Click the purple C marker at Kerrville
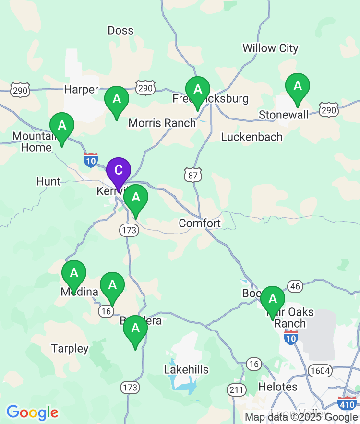point(118,170)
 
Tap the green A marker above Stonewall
point(297,86)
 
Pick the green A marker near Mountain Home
point(62,126)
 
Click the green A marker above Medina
point(74,273)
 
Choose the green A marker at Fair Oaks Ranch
point(273,299)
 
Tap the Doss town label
point(120,31)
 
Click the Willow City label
point(270,48)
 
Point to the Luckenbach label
point(252,137)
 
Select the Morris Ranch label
point(162,123)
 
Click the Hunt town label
point(48,181)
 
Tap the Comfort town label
point(200,223)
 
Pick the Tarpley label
point(70,348)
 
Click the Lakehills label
point(186,369)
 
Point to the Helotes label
point(278,387)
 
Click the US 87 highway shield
point(192,175)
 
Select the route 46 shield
point(295,287)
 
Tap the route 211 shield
point(237,389)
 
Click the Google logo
point(32,412)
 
